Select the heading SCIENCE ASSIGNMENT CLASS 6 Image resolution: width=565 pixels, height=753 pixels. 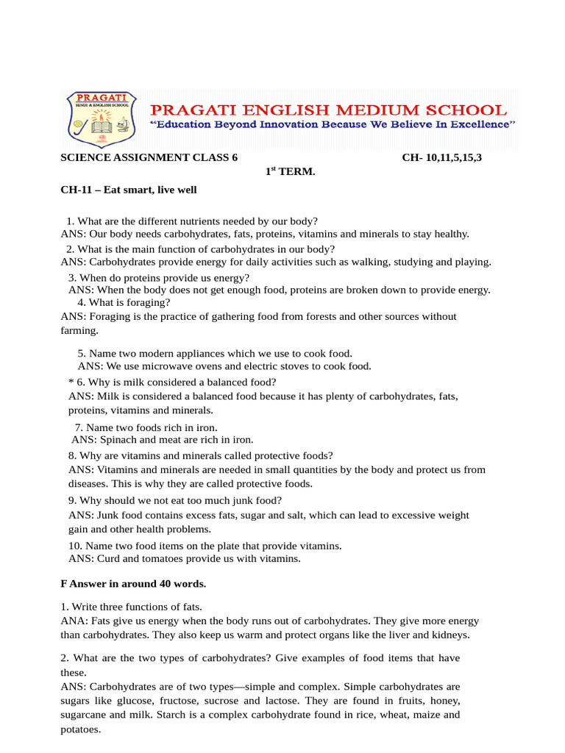pos(149,158)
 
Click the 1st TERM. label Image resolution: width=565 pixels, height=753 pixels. pos(290,171)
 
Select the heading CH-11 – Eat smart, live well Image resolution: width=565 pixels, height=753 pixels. pos(128,190)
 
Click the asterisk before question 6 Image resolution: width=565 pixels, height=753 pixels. pos(71,382)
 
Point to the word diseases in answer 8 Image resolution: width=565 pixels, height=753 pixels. pos(88,484)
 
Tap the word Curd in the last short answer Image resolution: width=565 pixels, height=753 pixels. pos(108,559)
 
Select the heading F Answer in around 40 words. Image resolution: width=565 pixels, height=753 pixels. pos(133,584)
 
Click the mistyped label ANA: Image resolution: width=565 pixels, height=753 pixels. pos(73,621)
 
